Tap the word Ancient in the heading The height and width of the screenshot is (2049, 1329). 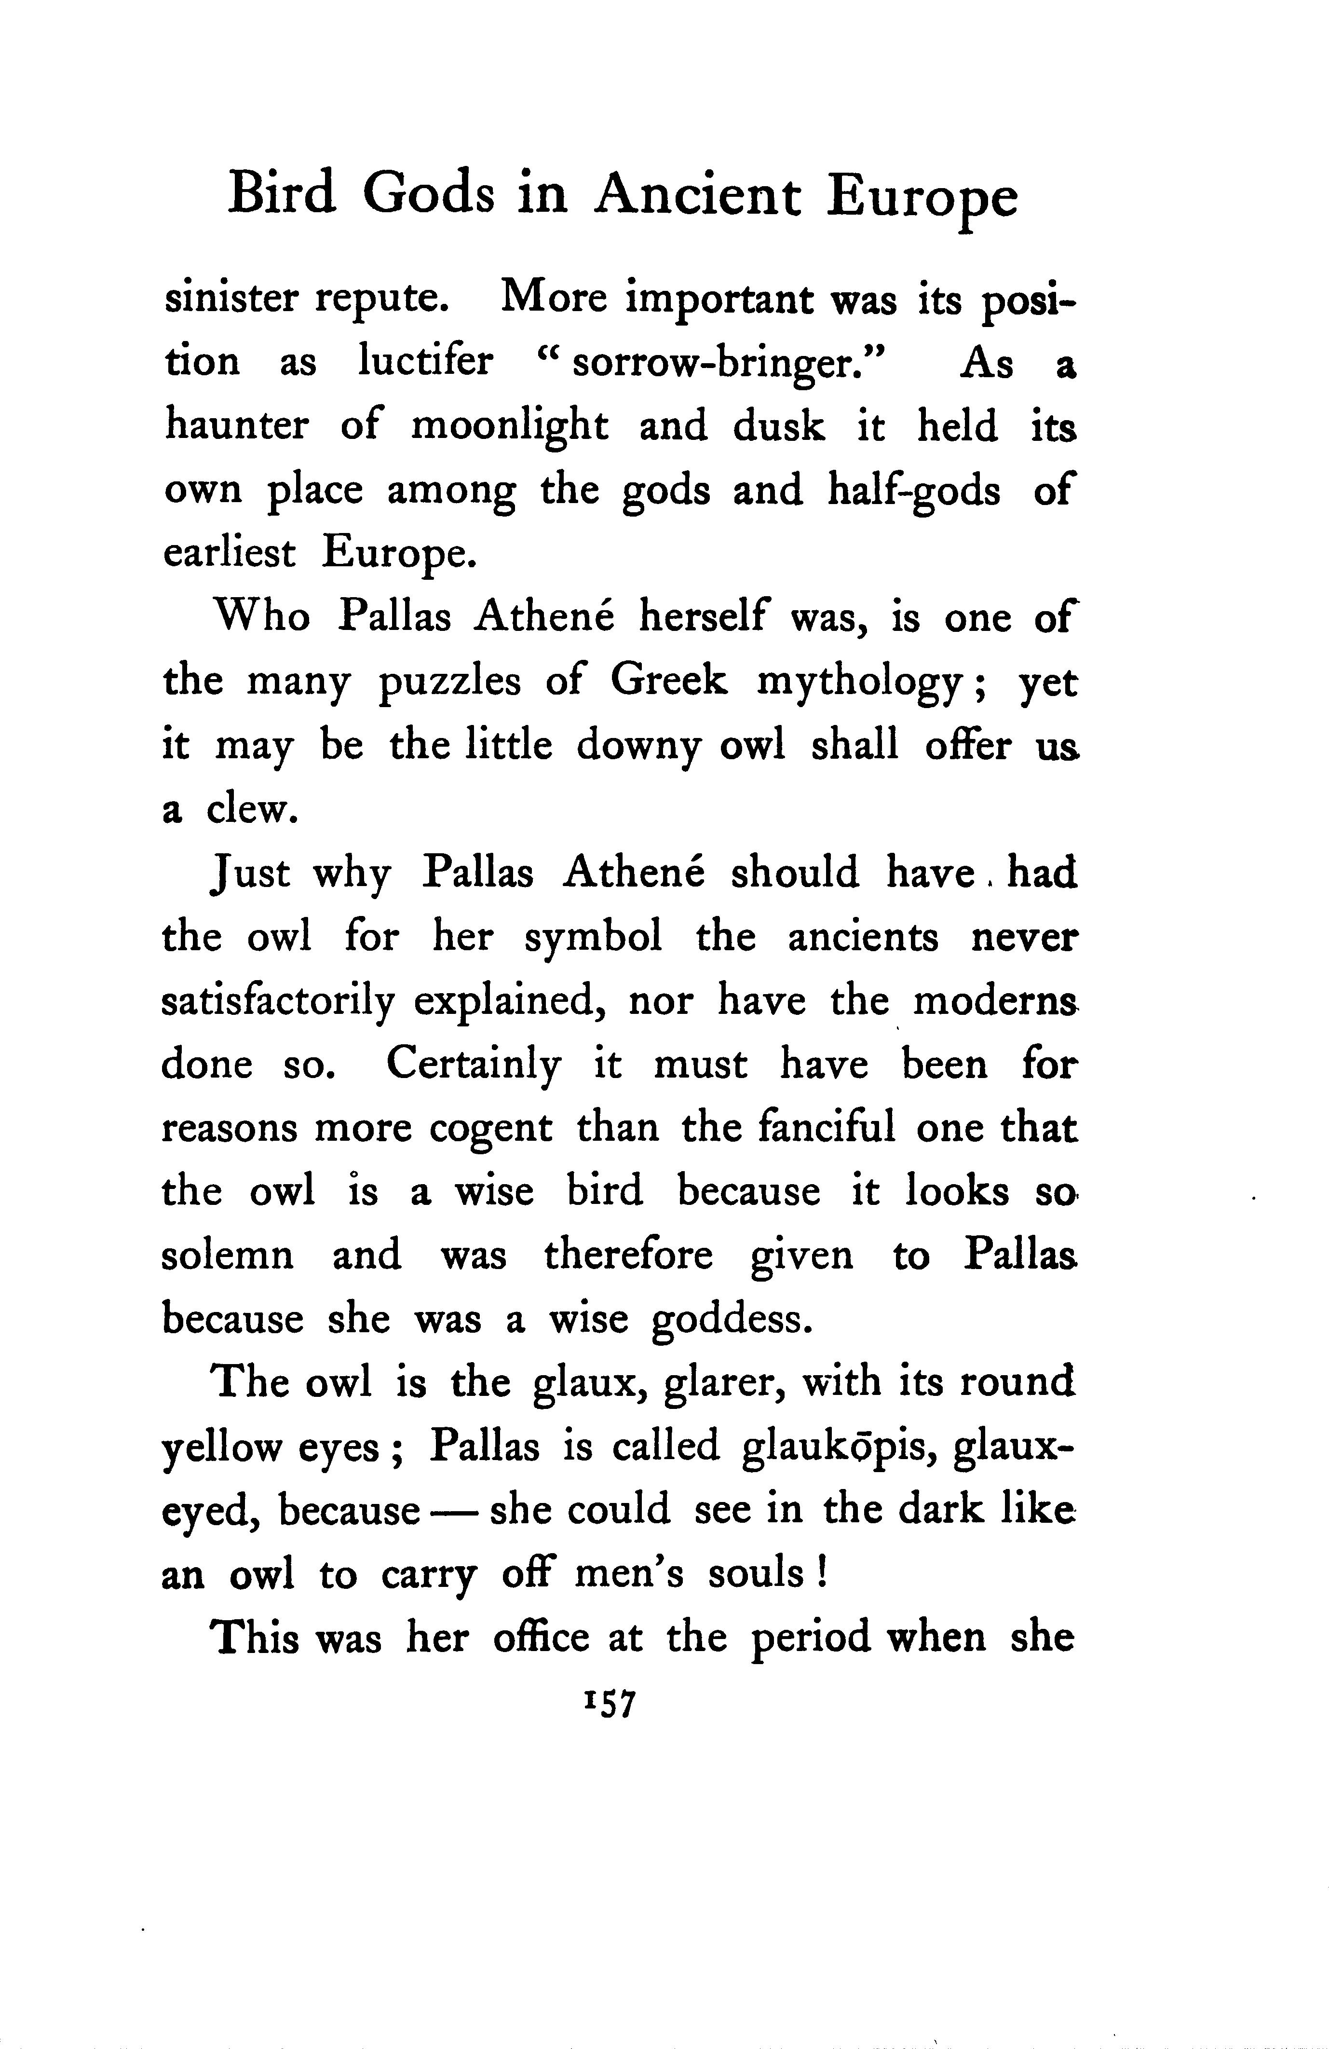(x=697, y=194)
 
